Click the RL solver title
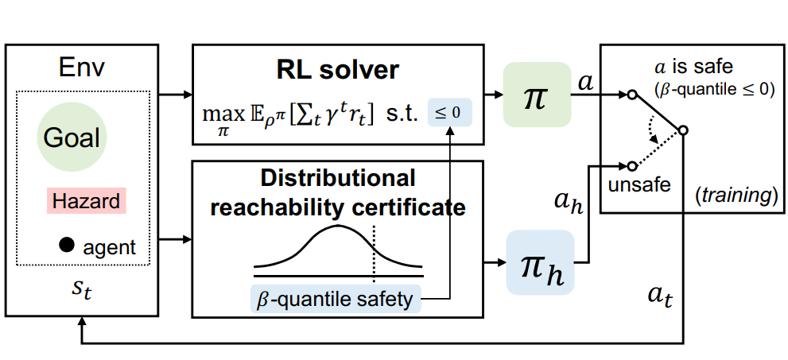coord(338,70)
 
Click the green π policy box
coord(537,94)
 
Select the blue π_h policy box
coord(540,261)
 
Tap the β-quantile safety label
coord(335,299)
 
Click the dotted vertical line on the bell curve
coord(374,254)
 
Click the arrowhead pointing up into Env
coord(80,320)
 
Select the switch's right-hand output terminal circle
coord(682,130)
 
